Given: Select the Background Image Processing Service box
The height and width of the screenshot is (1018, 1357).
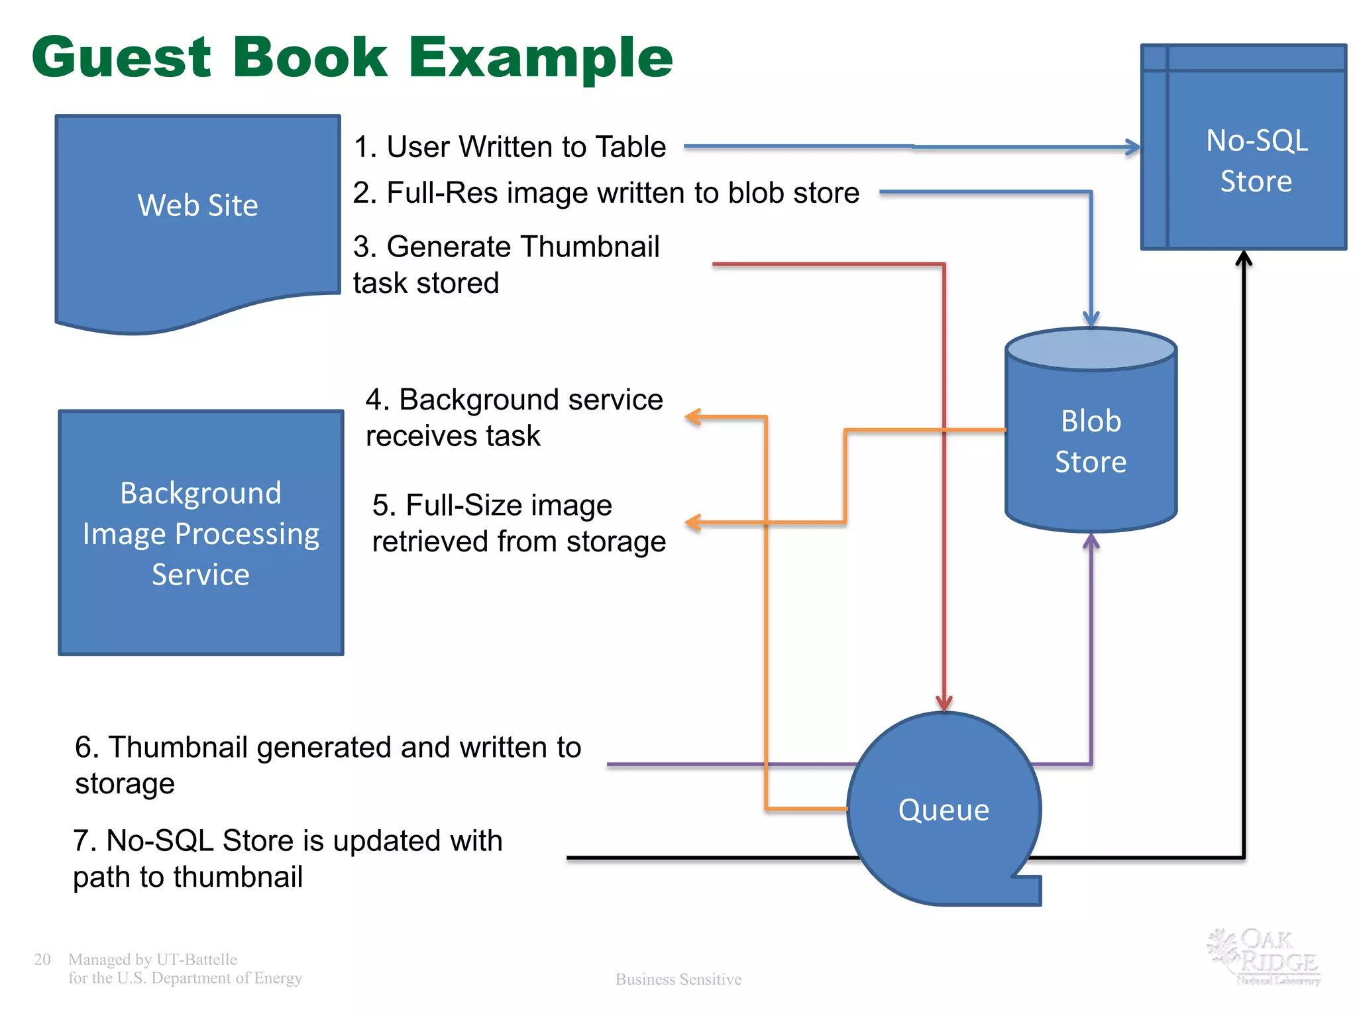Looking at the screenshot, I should (201, 533).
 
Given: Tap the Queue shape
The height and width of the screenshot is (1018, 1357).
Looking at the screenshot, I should (944, 809).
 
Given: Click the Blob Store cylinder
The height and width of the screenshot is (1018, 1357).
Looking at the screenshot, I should (1091, 441).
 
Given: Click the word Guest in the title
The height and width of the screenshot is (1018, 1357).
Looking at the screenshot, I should (121, 58).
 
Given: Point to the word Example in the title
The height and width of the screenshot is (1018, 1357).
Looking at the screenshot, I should (540, 59).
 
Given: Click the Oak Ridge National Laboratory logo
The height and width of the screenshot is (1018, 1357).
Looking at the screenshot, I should (1264, 956).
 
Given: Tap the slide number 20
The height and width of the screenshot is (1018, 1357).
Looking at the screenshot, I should (42, 959).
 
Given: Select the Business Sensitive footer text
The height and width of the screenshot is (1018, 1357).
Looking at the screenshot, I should (678, 979).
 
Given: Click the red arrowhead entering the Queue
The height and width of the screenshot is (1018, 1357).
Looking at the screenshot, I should (944, 704).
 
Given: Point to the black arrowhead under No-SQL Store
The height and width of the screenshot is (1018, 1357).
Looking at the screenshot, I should (1244, 258).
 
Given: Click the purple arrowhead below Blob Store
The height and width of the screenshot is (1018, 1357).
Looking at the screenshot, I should (1091, 541).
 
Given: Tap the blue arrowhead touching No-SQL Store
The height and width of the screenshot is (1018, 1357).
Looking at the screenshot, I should (1133, 147).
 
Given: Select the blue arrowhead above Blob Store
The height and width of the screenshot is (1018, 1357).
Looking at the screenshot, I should (1091, 319).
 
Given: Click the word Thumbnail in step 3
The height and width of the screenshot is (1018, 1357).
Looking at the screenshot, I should (589, 247).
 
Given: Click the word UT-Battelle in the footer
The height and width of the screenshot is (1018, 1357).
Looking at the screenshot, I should (197, 959).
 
